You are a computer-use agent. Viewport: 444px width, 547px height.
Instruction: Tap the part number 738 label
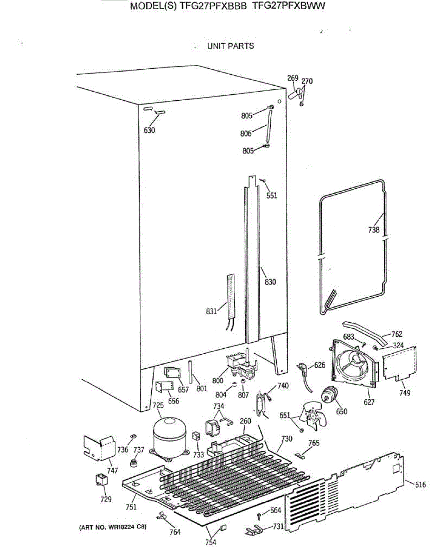point(374,230)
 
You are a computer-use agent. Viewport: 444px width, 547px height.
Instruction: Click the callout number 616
point(420,485)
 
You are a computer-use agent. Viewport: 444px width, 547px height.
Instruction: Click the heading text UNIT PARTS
point(231,46)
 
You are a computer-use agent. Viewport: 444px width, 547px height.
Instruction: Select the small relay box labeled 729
point(101,481)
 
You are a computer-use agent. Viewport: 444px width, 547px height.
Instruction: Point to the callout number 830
point(270,282)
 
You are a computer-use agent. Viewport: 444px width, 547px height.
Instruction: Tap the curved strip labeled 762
point(365,330)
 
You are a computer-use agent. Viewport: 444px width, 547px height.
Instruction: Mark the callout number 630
point(150,130)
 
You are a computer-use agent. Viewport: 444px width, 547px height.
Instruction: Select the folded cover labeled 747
point(98,447)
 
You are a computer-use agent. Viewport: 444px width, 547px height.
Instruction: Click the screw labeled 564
point(259,516)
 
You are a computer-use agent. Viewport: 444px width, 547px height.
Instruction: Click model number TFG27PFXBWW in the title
point(289,7)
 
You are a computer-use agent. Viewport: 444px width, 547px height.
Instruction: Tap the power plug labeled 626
point(303,366)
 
